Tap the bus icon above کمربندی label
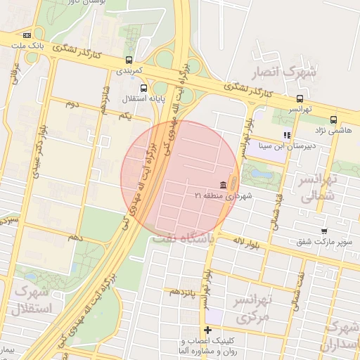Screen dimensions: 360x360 pyautogui.click(x=129, y=60)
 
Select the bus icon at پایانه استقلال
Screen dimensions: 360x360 pyautogui.click(x=143, y=88)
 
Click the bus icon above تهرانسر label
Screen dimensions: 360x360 pyautogui.click(x=300, y=98)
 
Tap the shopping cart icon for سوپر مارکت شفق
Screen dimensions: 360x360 pyautogui.click(x=323, y=231)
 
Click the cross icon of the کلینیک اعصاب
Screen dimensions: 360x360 pyautogui.click(x=207, y=330)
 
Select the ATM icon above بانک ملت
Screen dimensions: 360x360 pyautogui.click(x=27, y=34)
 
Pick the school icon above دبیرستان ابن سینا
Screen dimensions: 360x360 pyautogui.click(x=286, y=135)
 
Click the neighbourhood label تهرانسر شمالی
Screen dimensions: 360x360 pyautogui.click(x=319, y=188)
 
